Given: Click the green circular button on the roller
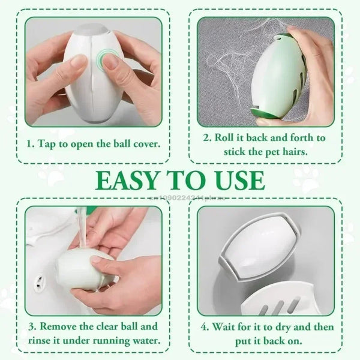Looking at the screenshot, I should click(109, 60).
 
